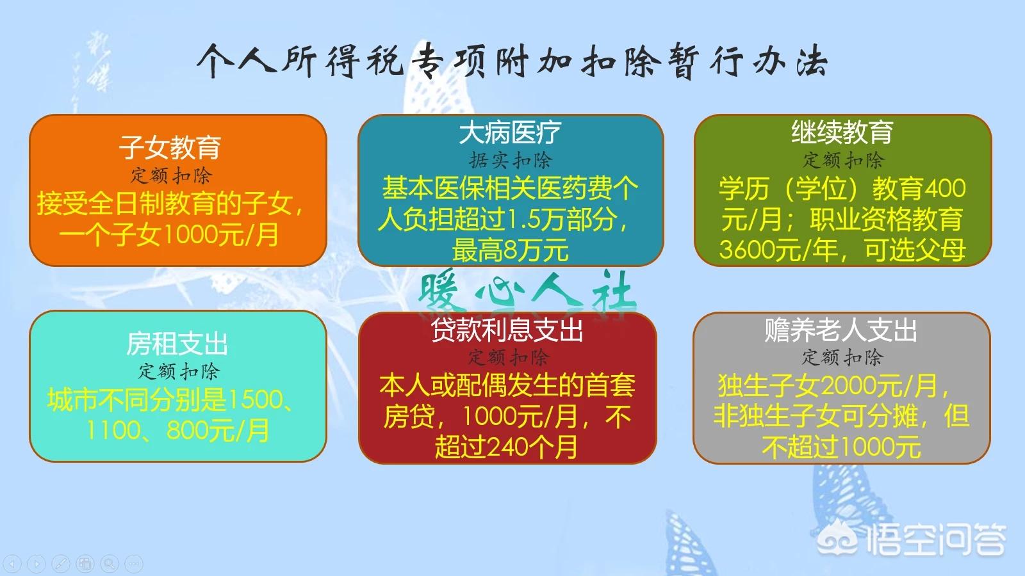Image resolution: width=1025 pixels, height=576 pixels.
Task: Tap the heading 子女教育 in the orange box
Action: [x=170, y=147]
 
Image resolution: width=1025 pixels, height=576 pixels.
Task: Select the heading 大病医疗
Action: [x=510, y=132]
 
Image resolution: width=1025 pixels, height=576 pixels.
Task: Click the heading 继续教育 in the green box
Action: [x=842, y=132]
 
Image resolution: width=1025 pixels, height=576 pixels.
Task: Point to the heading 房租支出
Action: [x=177, y=344]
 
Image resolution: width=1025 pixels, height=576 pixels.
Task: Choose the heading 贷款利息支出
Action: [x=507, y=330]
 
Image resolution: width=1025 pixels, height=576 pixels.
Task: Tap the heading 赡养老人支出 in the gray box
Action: [x=840, y=330]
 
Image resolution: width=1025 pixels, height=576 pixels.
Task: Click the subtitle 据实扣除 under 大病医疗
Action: [x=510, y=161]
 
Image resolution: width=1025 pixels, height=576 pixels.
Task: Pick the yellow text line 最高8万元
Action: [x=510, y=250]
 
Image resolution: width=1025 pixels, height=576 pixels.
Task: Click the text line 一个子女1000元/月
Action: [x=169, y=234]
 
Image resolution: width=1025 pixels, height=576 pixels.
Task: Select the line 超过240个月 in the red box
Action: [x=506, y=447]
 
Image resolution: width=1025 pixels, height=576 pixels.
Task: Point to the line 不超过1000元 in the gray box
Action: [x=841, y=447]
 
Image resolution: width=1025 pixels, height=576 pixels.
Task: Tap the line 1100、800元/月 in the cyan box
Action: [x=177, y=431]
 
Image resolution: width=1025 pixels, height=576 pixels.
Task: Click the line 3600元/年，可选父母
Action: [x=842, y=250]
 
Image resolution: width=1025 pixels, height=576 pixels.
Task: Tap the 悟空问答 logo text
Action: [x=936, y=540]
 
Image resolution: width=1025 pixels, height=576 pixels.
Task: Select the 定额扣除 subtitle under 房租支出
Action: [x=179, y=371]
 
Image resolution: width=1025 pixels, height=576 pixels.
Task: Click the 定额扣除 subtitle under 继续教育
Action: [x=843, y=160]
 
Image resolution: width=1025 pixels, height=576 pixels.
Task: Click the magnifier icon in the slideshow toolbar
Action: [x=110, y=563]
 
